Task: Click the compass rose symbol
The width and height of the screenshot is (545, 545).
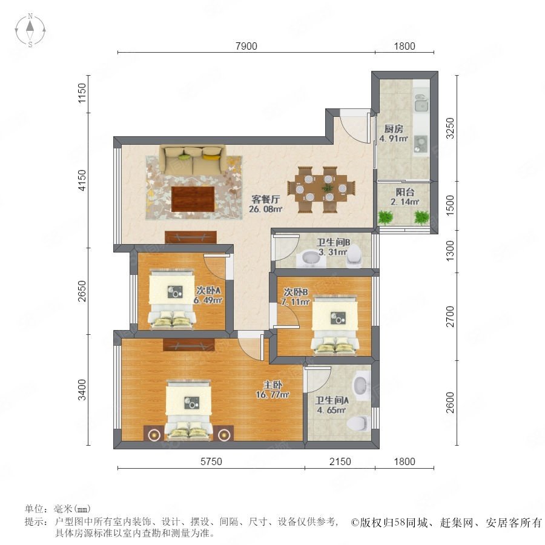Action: pyautogui.click(x=30, y=30)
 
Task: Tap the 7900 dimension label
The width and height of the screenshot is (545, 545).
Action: pyautogui.click(x=246, y=46)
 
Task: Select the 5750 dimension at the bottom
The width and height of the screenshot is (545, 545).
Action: pyautogui.click(x=211, y=461)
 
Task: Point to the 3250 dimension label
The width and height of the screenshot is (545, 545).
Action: pyautogui.click(x=450, y=128)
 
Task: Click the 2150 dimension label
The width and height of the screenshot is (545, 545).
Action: pyautogui.click(x=340, y=461)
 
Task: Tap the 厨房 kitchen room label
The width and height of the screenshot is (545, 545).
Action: pyautogui.click(x=394, y=129)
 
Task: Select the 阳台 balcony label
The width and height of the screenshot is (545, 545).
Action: pyautogui.click(x=405, y=192)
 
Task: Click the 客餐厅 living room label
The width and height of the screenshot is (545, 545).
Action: pyautogui.click(x=266, y=199)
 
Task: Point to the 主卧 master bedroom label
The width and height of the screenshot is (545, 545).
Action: pyautogui.click(x=272, y=385)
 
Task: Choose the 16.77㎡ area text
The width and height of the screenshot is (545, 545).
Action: pyautogui.click(x=272, y=395)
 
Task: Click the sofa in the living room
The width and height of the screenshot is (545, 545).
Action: pyautogui.click(x=193, y=159)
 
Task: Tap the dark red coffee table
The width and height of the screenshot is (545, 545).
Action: pyautogui.click(x=193, y=199)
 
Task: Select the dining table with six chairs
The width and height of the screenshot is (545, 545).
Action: pyautogui.click(x=321, y=189)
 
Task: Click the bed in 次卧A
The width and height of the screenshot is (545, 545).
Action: pyautogui.click(x=171, y=299)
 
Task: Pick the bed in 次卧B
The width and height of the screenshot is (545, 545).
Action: pyautogui.click(x=335, y=325)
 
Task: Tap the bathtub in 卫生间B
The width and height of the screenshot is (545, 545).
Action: pyautogui.click(x=309, y=259)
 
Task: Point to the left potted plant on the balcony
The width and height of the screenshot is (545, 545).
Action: pyautogui.click(x=386, y=217)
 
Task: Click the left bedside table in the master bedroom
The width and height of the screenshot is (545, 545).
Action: pyautogui.click(x=153, y=434)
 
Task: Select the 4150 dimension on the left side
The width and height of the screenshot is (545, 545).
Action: pyautogui.click(x=82, y=180)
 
